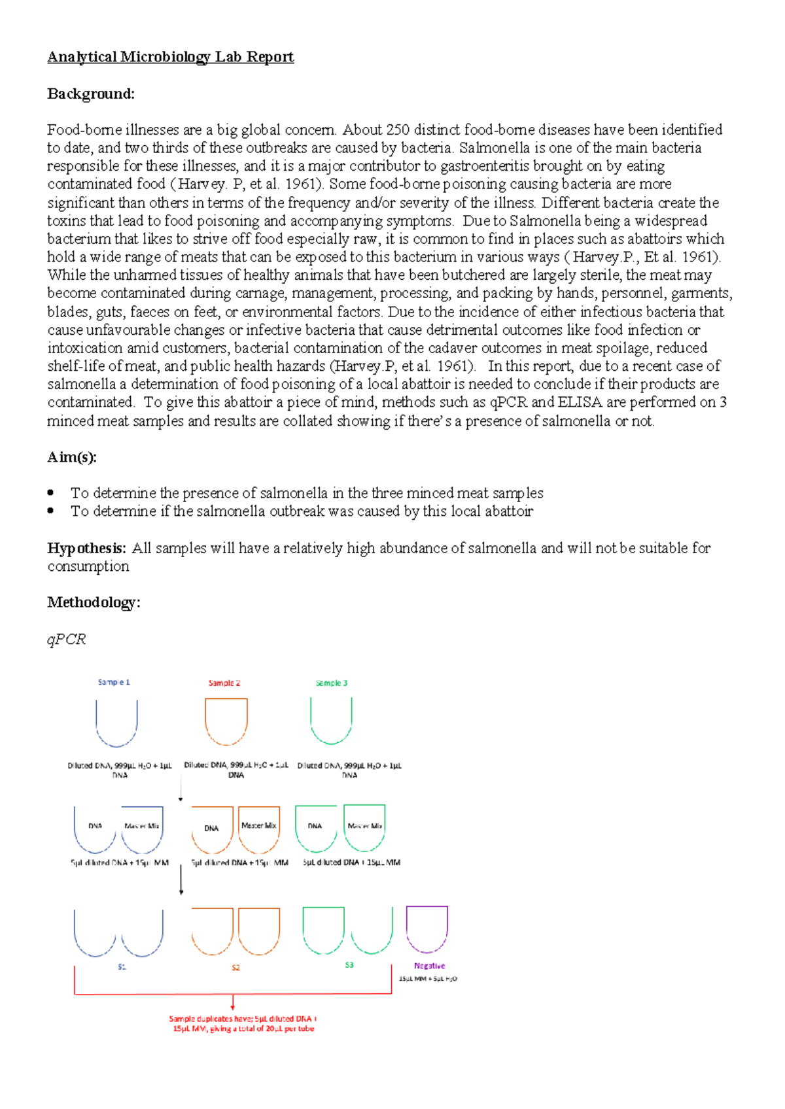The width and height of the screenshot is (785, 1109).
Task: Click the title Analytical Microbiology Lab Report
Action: tap(170, 57)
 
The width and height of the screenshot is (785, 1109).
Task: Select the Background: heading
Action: tap(90, 94)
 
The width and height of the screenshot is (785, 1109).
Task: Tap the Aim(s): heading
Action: tap(71, 457)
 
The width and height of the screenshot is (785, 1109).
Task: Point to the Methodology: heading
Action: tap(94, 602)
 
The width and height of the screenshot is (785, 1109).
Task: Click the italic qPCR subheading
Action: tap(66, 639)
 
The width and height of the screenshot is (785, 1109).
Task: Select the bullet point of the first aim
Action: tap(51, 492)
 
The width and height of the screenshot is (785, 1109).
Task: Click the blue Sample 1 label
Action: tap(114, 682)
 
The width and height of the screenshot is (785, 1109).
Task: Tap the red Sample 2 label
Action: tap(224, 683)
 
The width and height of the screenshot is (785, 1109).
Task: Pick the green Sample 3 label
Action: tap(331, 683)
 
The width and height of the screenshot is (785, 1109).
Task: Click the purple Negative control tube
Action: tap(427, 929)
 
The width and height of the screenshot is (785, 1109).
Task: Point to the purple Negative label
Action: tap(429, 966)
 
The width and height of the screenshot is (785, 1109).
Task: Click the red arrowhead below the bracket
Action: tap(232, 1006)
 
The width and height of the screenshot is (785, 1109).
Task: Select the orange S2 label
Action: tap(235, 967)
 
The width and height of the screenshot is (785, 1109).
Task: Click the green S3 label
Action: tap(349, 965)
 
